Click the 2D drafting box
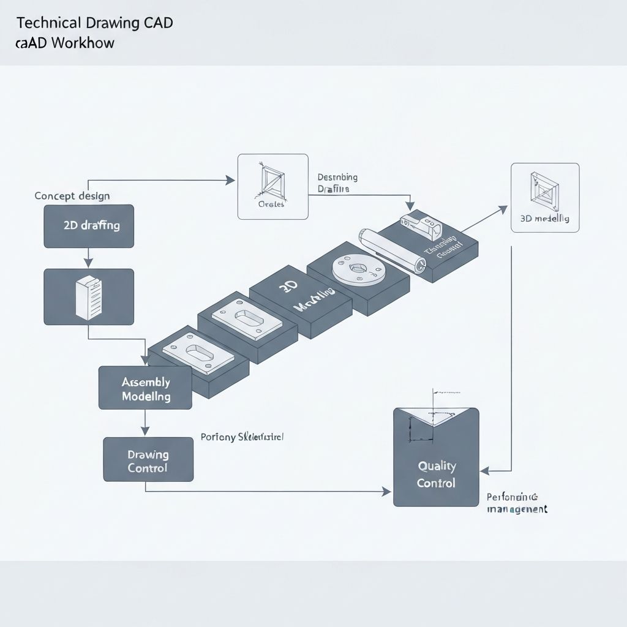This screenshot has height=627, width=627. coord(89,226)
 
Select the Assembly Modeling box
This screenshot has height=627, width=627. coord(145,388)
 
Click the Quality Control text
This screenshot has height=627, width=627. coord(436,475)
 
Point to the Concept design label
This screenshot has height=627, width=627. coord(72,196)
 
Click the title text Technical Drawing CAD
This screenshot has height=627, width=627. coord(94,23)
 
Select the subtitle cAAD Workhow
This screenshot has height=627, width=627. coord(65,43)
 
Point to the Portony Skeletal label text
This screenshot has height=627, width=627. coord(242,437)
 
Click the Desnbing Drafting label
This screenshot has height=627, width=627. coord(337,183)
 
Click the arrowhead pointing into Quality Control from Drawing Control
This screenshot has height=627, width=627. coord(386,491)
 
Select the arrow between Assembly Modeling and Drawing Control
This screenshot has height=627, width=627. coord(145,423)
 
